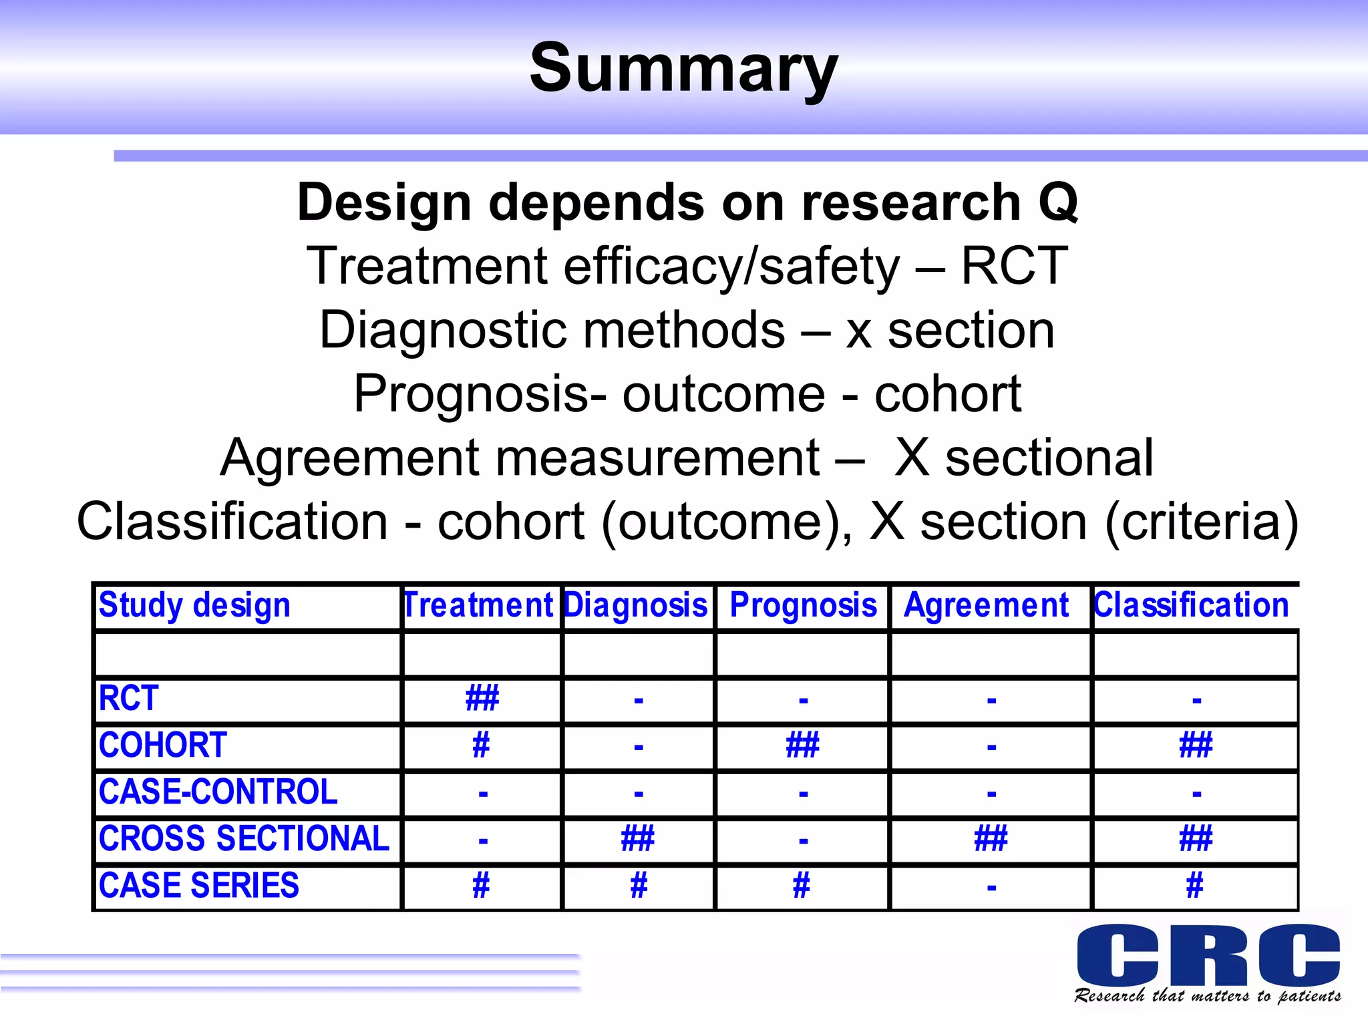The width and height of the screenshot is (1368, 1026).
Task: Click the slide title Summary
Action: pos(683,68)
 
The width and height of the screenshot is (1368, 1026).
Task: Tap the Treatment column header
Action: pos(479,605)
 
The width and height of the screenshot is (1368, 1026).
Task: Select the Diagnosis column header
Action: pos(636,605)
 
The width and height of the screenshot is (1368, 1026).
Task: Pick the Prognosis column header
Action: pos(803,605)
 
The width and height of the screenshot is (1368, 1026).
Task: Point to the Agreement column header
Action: pos(986,605)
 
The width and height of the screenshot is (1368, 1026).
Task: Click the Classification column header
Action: pos(1191,605)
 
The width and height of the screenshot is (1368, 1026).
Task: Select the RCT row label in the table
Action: pos(129,699)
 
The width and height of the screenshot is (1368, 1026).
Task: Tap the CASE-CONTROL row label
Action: pos(218,792)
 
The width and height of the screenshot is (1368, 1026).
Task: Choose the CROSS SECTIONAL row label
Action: pos(244,839)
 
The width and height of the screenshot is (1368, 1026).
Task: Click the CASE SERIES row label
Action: pos(199,886)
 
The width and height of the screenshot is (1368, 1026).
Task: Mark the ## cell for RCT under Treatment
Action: pos(482,699)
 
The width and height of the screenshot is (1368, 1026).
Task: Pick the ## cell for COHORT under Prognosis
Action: pos(802,745)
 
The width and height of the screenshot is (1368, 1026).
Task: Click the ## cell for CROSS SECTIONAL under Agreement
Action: pos(991,839)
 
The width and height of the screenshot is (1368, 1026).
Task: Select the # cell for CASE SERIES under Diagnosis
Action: pos(639,886)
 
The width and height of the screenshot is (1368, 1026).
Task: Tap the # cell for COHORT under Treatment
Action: pos(481,745)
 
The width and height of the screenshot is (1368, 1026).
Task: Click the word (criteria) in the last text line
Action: pos(1202,522)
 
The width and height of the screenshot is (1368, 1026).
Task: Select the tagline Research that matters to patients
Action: pos(1207,996)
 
